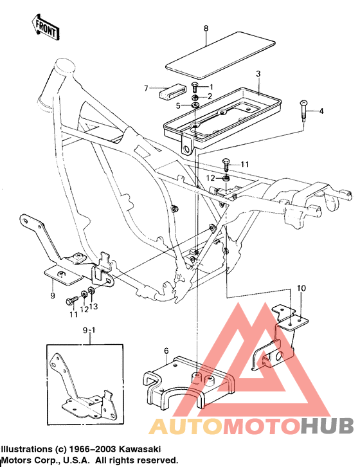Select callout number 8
pos(206,28)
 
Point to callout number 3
pos(258,75)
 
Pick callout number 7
pos(146,87)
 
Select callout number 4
pos(321,111)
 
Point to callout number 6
pos(166,351)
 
